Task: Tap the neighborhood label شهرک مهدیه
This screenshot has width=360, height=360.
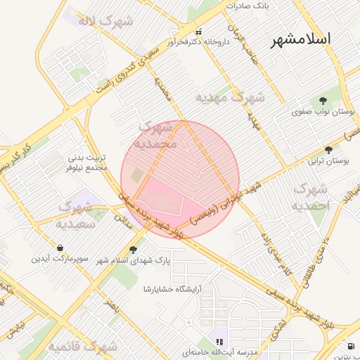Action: coord(230,98)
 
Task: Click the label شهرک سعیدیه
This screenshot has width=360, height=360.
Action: coord(76,215)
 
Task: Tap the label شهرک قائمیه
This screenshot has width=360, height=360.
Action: coord(83,347)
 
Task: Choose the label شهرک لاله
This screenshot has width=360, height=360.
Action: coord(105,20)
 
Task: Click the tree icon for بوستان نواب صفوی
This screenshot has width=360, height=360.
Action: coord(323,101)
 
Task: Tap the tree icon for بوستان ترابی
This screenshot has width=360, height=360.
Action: coord(328,150)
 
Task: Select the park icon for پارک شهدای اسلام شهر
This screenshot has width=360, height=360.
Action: coord(134,250)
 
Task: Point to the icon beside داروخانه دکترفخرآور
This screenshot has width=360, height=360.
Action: coord(199,32)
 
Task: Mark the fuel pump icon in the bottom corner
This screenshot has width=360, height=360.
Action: coord(351,346)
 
